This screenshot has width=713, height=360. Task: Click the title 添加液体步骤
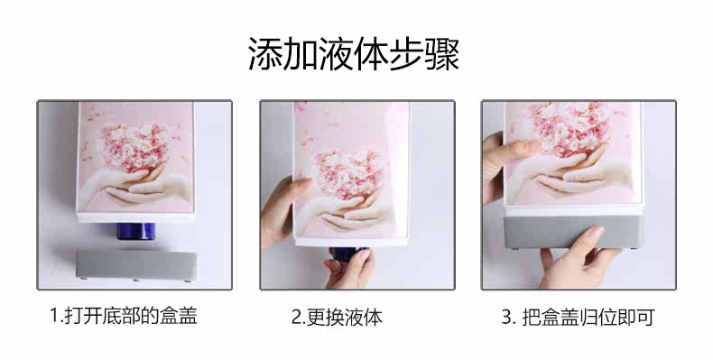[x=354, y=53]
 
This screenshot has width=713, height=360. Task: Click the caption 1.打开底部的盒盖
[x=124, y=316]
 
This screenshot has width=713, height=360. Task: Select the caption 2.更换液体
[x=337, y=318]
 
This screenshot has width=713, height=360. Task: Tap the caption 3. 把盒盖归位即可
[x=578, y=317]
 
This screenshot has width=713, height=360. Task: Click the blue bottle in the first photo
[x=134, y=231]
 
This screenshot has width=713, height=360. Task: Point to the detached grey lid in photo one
[x=136, y=265]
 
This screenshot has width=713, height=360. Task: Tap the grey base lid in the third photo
[x=573, y=232]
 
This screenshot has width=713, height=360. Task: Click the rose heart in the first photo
[x=134, y=146]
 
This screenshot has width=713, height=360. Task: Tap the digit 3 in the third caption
[x=506, y=317]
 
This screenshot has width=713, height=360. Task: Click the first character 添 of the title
[x=265, y=53]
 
